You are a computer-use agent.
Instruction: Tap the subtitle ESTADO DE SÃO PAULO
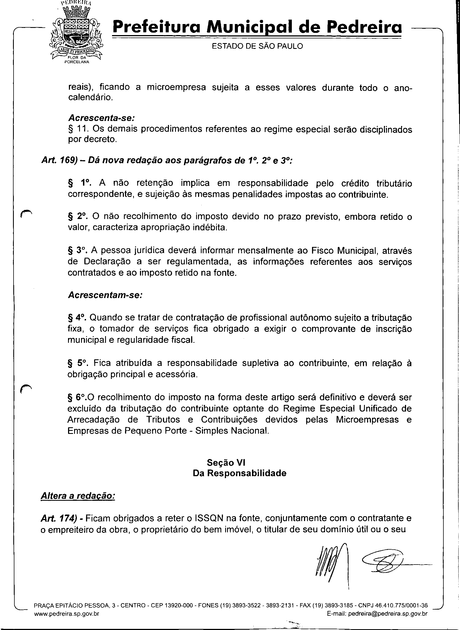257,46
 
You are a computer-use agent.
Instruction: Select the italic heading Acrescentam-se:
105,295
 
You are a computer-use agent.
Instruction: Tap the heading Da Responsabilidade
240,473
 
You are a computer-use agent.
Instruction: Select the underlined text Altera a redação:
78,496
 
